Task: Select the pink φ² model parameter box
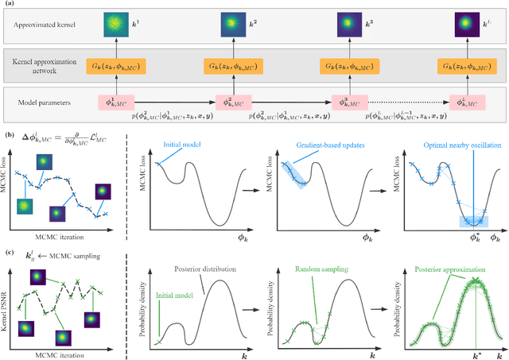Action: coord(231,103)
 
